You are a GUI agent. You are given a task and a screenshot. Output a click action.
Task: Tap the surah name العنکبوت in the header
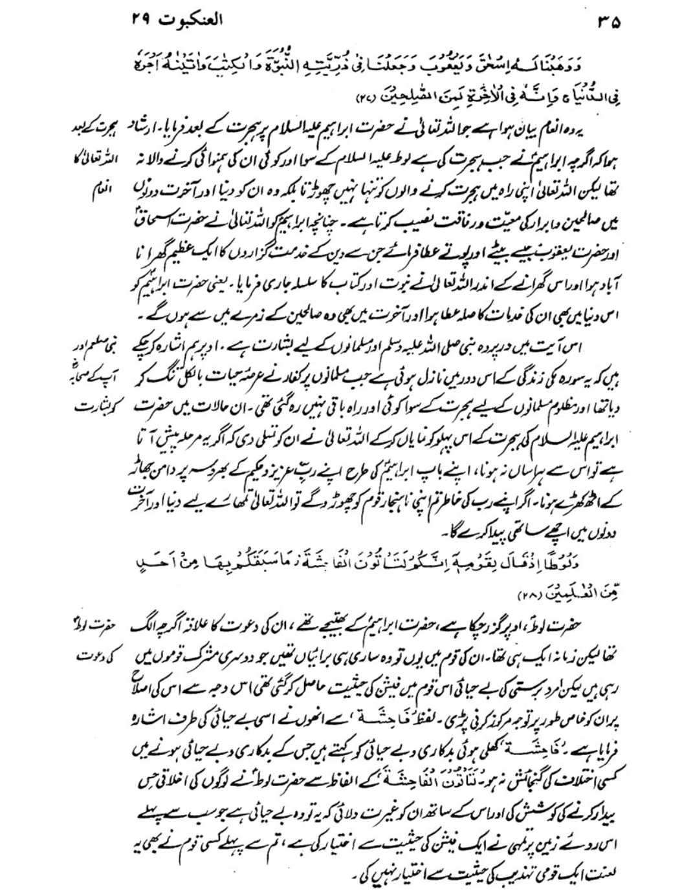click(x=192, y=20)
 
